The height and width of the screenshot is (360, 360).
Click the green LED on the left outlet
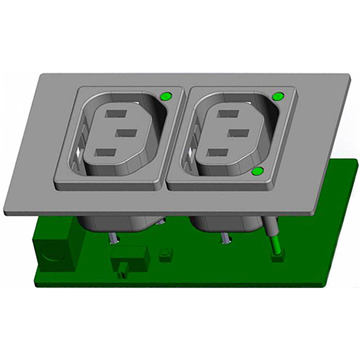(166, 95)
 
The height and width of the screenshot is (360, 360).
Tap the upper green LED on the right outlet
(278, 96)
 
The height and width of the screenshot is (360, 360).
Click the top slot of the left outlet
(116, 113)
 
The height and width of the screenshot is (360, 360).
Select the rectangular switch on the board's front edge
(130, 260)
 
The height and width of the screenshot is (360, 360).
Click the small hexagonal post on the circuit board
(166, 254)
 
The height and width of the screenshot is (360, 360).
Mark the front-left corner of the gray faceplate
(5, 212)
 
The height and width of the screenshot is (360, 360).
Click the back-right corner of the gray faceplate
(350, 76)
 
